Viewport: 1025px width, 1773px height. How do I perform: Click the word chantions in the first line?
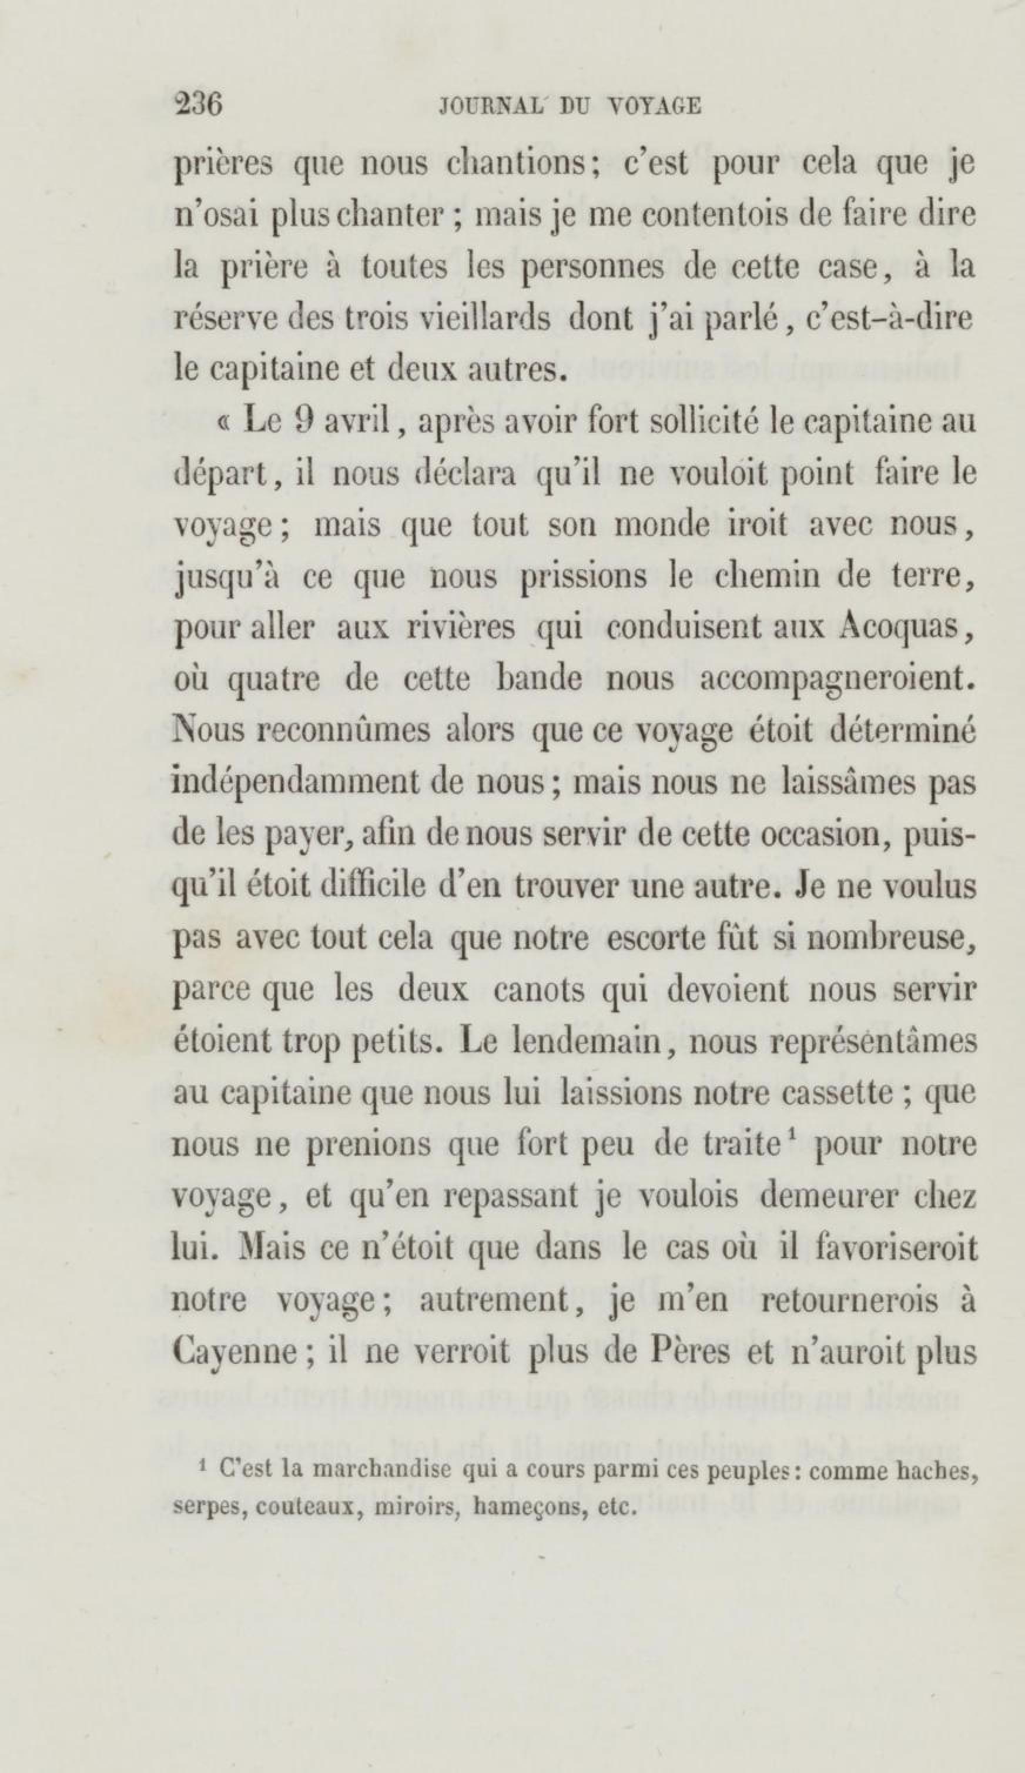(521, 164)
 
